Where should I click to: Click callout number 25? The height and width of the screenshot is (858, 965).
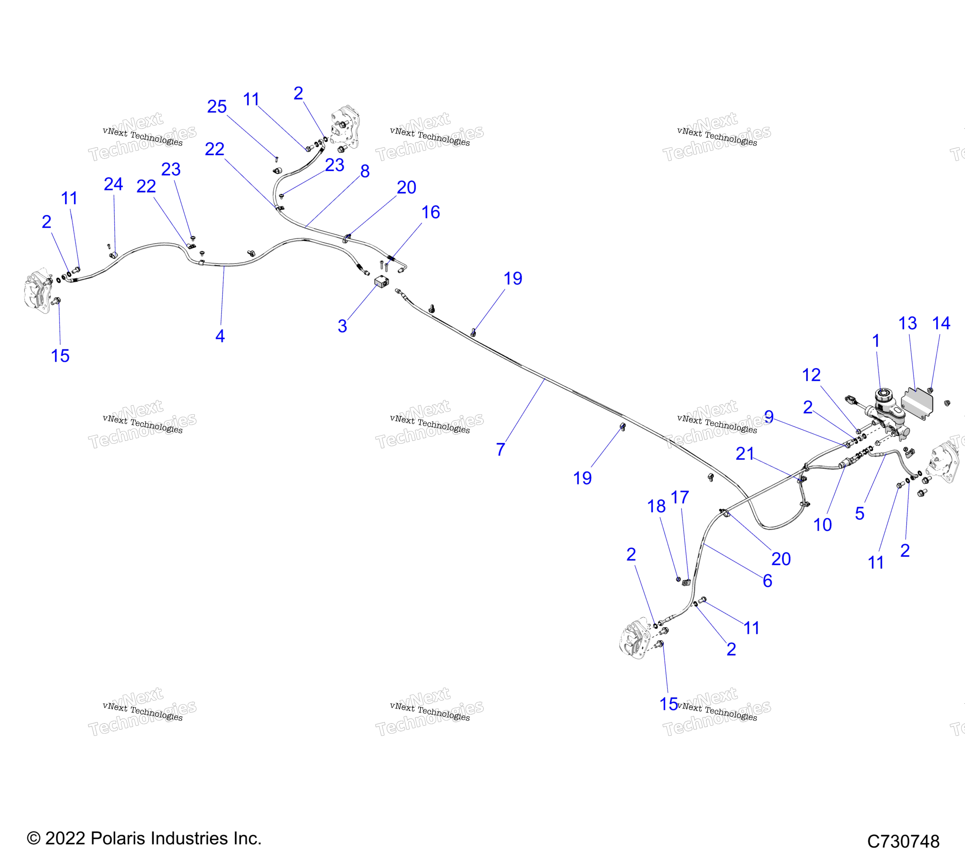[217, 107]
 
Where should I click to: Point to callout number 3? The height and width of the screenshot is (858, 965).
[342, 326]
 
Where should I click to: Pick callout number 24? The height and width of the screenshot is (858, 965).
[113, 184]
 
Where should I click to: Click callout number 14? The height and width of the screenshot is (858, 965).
[941, 323]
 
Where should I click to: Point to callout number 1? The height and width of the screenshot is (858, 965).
[876, 340]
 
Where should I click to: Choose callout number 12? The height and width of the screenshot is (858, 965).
[811, 375]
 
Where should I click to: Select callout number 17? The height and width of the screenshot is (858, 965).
[680, 497]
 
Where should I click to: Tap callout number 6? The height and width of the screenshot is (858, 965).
[768, 581]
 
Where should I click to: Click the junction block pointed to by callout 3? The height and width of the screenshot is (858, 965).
[381, 282]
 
